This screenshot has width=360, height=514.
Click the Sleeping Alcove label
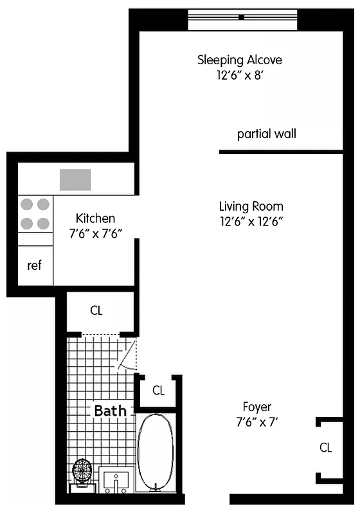pyautogui.click(x=239, y=60)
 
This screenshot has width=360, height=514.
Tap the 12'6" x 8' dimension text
pyautogui.click(x=239, y=75)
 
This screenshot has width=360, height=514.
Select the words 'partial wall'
pyautogui.click(x=266, y=134)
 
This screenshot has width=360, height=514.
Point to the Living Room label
pyautogui.click(x=251, y=206)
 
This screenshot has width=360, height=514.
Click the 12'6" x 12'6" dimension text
pyautogui.click(x=251, y=221)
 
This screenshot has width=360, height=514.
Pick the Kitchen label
pyautogui.click(x=95, y=218)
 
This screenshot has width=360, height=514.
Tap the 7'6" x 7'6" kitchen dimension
pyautogui.click(x=95, y=234)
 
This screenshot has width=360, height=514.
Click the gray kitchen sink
pyautogui.click(x=75, y=179)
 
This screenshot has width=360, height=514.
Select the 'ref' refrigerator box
pyautogui.click(x=35, y=265)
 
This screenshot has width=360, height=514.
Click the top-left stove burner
pyautogui.click(x=27, y=204)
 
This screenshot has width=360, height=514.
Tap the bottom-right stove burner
pyautogui.click(x=43, y=224)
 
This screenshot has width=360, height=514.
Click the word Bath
pyautogui.click(x=111, y=410)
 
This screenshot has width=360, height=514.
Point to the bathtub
pyautogui.click(x=155, y=452)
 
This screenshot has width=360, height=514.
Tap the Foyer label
pyautogui.click(x=256, y=407)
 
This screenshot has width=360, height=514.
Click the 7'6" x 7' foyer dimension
pyautogui.click(x=256, y=422)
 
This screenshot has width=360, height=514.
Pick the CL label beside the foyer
pyautogui.click(x=325, y=448)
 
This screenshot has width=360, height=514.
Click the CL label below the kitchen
pyautogui.click(x=96, y=311)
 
